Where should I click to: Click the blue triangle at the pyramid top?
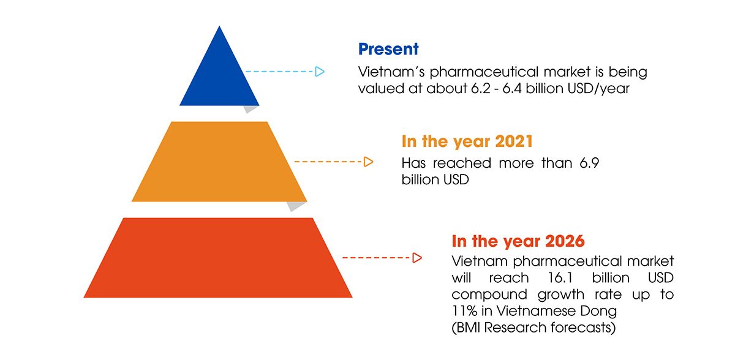[x=219, y=75]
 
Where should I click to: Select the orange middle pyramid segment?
[x=219, y=162]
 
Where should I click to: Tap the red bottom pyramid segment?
[x=218, y=258]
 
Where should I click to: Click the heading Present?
[x=388, y=50]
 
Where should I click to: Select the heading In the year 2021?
[x=467, y=141]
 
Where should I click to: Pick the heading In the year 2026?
[x=518, y=241]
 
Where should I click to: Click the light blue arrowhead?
[x=320, y=72]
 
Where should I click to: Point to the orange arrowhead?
[x=369, y=162]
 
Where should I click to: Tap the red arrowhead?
[x=417, y=258]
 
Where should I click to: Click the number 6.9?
[x=589, y=163]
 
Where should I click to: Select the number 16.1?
[x=560, y=278]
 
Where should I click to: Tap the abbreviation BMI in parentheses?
[x=468, y=328]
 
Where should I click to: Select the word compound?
[x=489, y=295]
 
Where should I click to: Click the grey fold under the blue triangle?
[x=251, y=109]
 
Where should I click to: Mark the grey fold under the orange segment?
[x=296, y=206]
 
